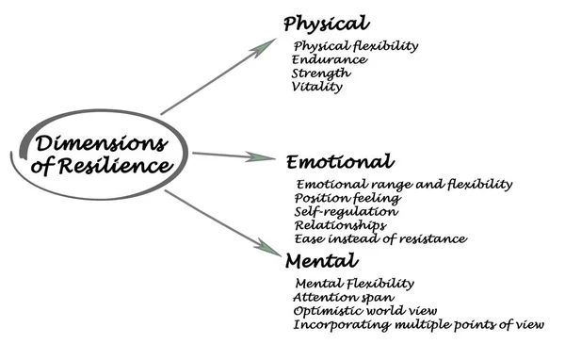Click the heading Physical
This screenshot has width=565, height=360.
326,24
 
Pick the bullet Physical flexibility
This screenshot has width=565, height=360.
356,46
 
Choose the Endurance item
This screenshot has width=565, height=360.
330,59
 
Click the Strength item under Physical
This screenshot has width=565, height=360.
322,73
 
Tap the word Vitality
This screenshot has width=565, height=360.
318,87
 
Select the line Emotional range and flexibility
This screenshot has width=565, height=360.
404,185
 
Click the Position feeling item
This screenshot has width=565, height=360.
348,199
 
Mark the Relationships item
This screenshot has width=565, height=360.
340,225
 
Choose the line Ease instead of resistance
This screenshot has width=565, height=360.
380,238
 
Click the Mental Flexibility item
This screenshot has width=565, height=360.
355,284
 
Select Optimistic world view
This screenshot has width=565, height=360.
365,311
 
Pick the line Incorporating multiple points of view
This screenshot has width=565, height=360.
418,325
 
